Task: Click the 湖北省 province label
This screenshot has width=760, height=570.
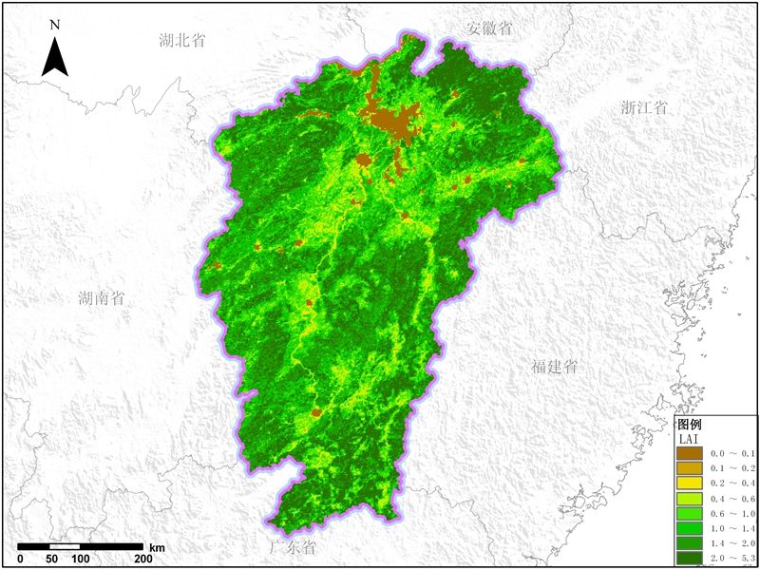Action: point(183,40)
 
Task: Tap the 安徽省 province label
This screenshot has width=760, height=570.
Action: point(489,28)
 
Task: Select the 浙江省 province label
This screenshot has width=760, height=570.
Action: point(643,106)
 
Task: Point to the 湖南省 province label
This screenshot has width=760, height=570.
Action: point(102,297)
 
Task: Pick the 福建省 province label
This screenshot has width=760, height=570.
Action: point(554,367)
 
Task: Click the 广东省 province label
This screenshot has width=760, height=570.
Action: point(293,548)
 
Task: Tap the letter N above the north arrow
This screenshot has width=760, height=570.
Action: point(55,24)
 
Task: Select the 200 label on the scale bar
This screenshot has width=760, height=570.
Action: point(143,559)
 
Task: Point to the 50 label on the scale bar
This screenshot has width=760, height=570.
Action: point(52,559)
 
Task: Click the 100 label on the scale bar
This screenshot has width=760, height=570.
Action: point(82,559)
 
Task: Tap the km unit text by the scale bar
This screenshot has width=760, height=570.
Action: point(158,548)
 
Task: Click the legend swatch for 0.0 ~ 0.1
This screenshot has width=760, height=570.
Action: point(690,453)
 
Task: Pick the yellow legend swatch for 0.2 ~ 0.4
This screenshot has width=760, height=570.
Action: point(690,484)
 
